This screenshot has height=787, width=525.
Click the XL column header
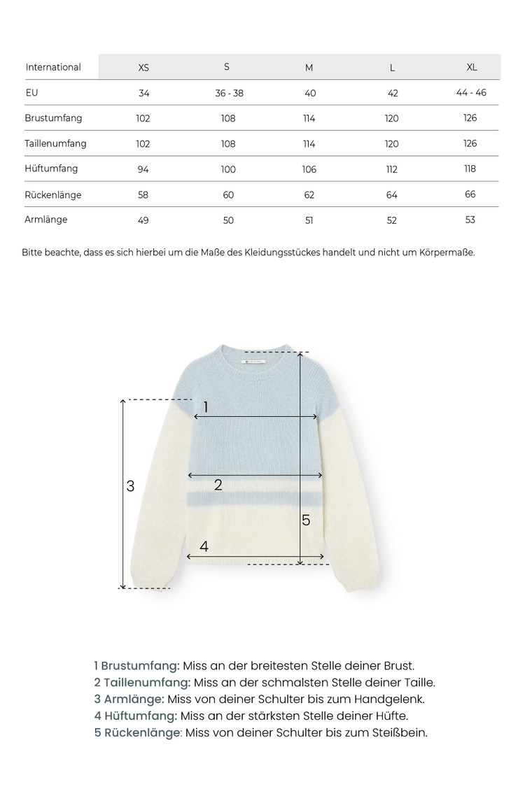[472, 67]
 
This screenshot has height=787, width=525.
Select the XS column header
[143, 68]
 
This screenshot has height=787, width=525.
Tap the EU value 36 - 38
[229, 93]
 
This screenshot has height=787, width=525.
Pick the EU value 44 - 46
[471, 92]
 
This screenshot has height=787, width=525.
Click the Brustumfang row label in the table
[53, 118]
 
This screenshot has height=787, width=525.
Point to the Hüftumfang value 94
[143, 169]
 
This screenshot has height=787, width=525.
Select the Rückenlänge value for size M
[309, 195]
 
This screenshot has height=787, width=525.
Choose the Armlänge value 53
[470, 220]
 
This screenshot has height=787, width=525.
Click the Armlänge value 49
[143, 220]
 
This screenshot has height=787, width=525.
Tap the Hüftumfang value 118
[470, 169]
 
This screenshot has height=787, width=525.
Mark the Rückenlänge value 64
[392, 195]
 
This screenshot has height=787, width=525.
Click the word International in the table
[53, 67]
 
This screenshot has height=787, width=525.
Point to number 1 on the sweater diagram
[206, 406]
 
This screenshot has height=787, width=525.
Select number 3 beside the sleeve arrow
[130, 485]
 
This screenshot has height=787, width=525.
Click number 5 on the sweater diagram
[306, 520]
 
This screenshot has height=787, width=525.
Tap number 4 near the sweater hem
[204, 546]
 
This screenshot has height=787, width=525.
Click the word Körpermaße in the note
[449, 252]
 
